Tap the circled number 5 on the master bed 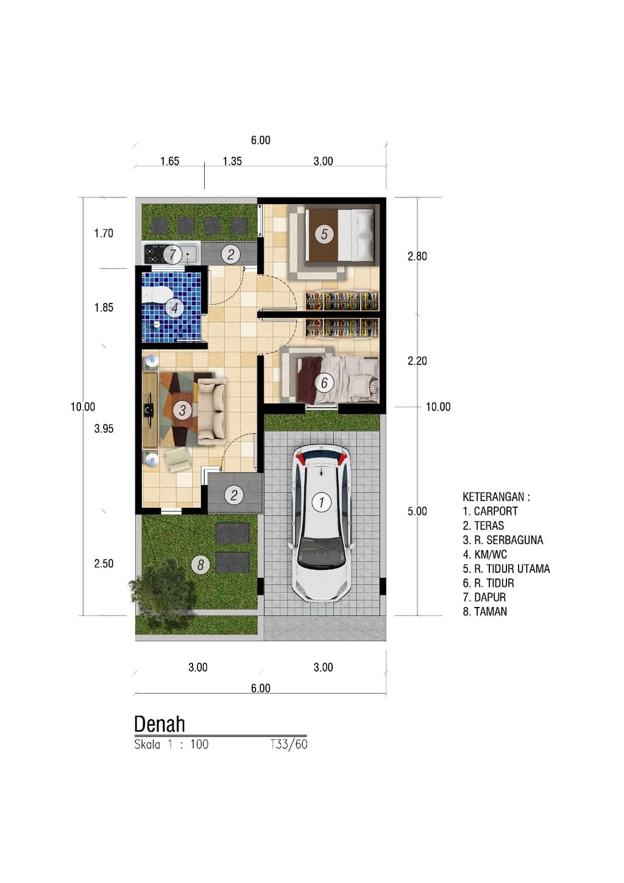click(x=324, y=234)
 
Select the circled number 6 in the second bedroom click(x=324, y=383)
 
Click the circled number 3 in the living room click(x=182, y=410)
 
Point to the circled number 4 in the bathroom click(x=174, y=308)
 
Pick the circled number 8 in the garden click(x=200, y=565)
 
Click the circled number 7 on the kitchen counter click(x=172, y=254)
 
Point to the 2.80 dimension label click(x=417, y=257)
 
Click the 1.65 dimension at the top click(x=169, y=161)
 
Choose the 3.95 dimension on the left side click(x=104, y=429)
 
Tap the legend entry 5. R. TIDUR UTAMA click(x=506, y=569)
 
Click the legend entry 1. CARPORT click(x=490, y=511)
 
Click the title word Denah click(x=159, y=724)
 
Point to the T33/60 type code click(x=289, y=744)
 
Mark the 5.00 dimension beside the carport click(x=417, y=512)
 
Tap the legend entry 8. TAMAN click(x=484, y=612)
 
